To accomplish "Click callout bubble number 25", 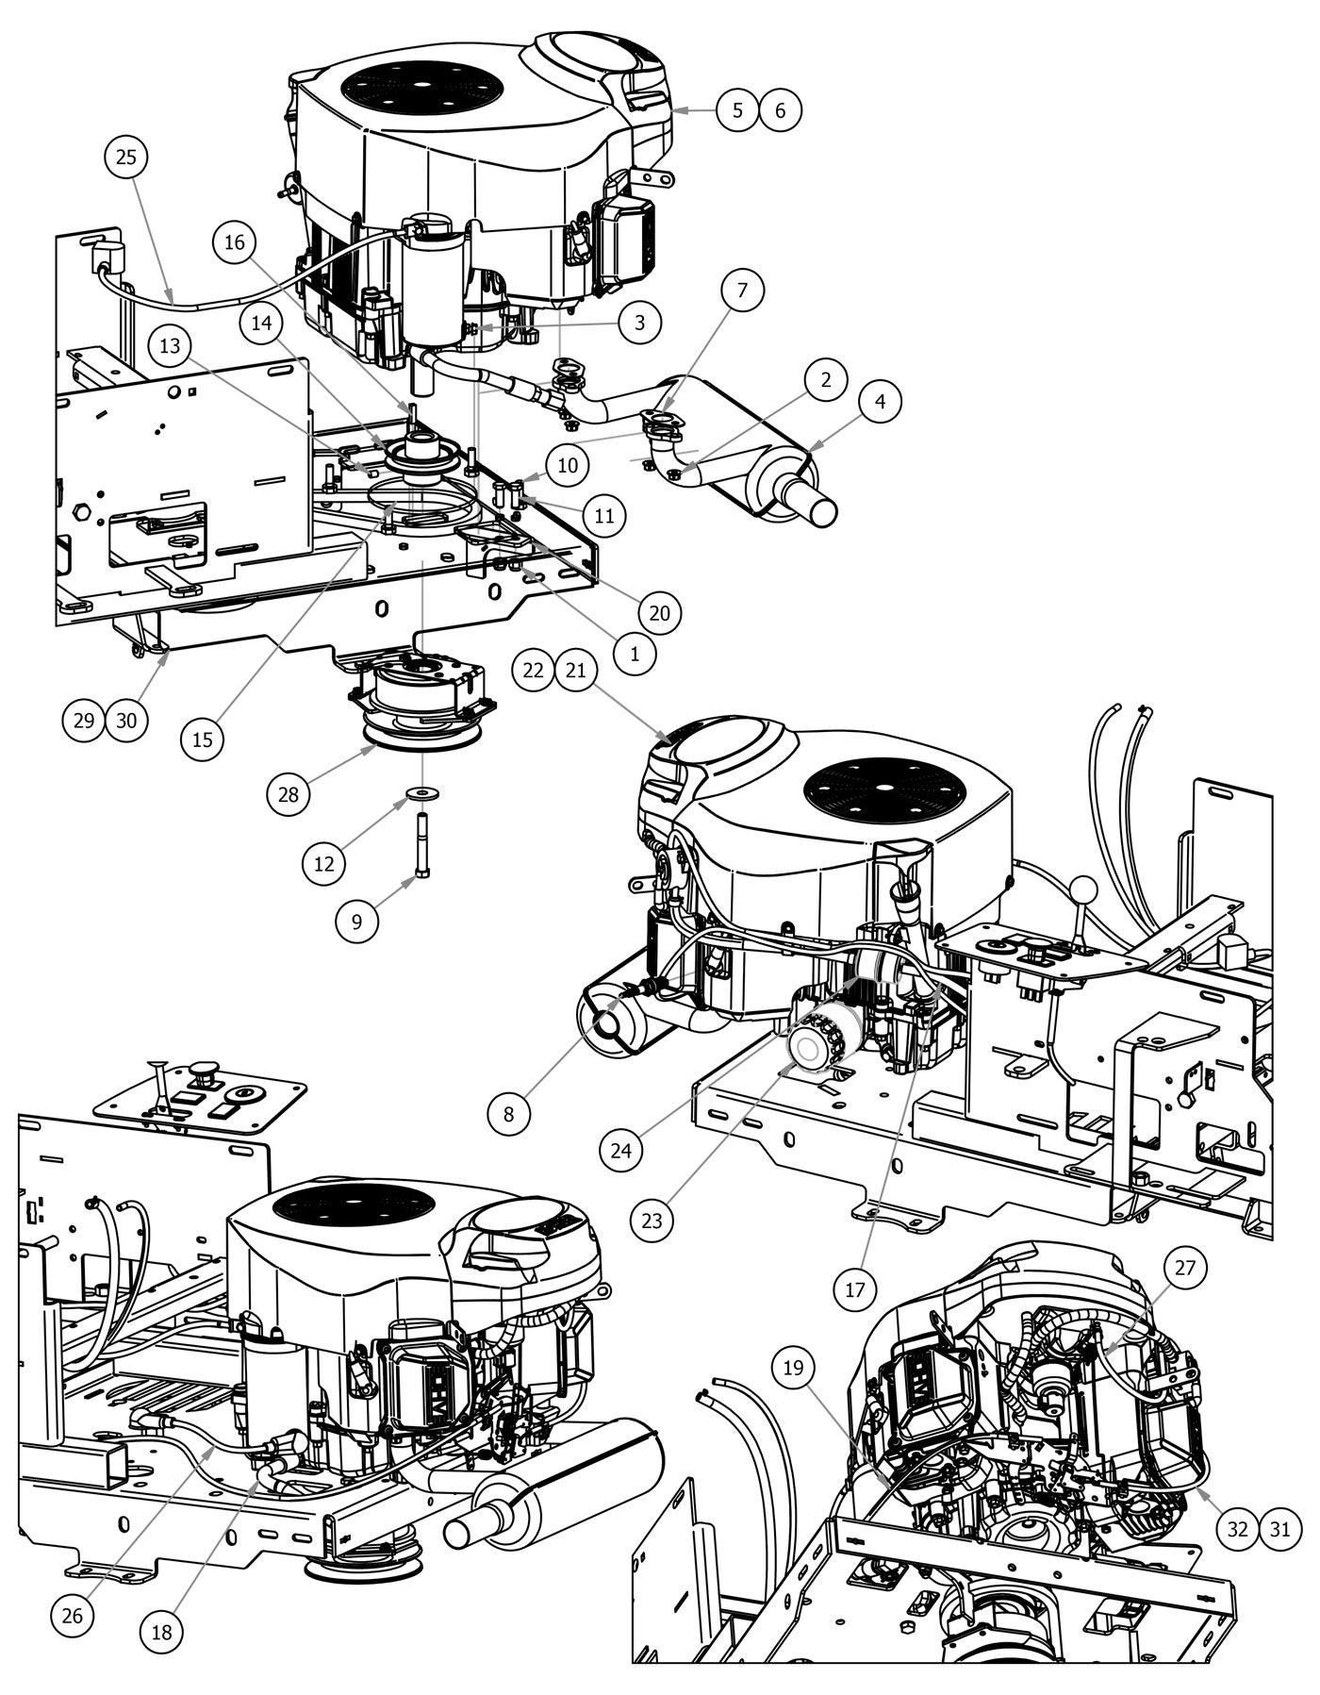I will tap(126, 158).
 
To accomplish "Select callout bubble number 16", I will tap(235, 243).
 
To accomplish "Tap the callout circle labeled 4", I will tap(880, 401).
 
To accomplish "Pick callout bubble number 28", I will tap(289, 794).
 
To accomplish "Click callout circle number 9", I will tap(357, 920).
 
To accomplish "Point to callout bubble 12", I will tap(324, 862).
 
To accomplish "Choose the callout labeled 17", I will tap(855, 1288).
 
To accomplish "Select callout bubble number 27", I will tap(1184, 1269).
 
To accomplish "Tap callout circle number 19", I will tap(794, 1367).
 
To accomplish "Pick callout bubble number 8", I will tap(509, 1114).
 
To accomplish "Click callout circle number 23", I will tap(652, 1221).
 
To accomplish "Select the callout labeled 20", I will tap(659, 613).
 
